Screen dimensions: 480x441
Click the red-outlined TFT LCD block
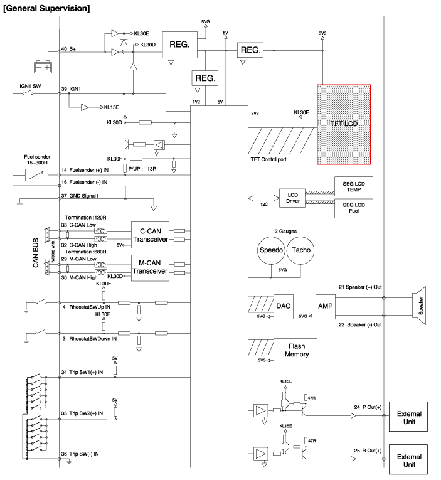click(x=343, y=124)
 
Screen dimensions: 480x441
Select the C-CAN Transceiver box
click(x=150, y=233)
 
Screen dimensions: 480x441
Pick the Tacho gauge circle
click(x=300, y=250)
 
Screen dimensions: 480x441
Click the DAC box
click(x=282, y=307)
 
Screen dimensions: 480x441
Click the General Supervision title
click(x=46, y=8)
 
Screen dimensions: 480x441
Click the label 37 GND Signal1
click(x=85, y=197)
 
